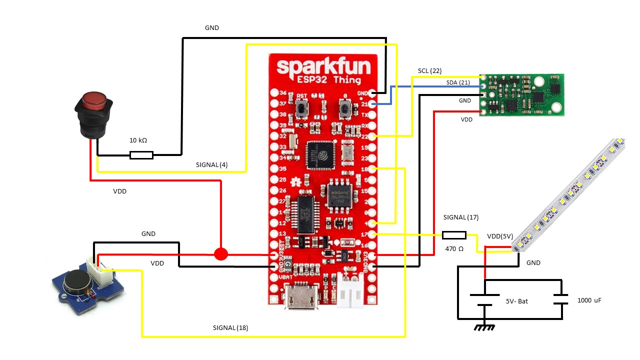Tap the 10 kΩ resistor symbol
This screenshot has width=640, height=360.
point(141,155)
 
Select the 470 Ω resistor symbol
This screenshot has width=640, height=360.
point(454,235)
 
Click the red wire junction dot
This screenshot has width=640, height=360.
point(220,254)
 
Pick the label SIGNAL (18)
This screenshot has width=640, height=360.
point(230,328)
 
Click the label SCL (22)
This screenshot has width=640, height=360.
point(429,71)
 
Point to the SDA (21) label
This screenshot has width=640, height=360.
point(458,82)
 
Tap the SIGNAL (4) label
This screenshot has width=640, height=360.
point(211,164)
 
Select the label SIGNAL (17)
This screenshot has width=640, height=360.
point(461,217)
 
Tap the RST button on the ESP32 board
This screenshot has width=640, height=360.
point(301,107)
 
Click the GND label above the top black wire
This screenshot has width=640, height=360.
point(212,28)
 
